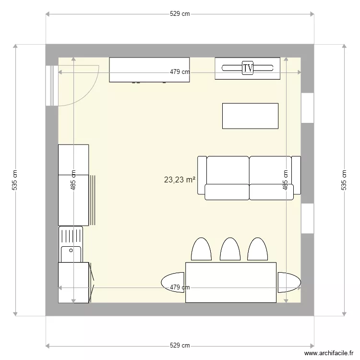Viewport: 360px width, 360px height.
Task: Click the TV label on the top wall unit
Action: point(248,68)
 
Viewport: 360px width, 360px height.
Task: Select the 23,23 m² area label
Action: point(180,180)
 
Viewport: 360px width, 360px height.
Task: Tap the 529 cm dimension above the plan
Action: point(180,14)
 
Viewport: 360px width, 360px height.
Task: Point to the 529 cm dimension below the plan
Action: point(180,346)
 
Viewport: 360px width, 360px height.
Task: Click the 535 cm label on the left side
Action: point(15,180)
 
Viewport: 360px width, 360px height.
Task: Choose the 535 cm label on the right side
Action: point(344,180)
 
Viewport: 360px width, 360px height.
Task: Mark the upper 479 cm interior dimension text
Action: point(180,72)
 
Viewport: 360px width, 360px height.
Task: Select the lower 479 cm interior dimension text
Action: point(180,288)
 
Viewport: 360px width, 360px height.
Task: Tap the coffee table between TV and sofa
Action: point(250,116)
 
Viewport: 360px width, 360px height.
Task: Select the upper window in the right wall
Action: point(307,108)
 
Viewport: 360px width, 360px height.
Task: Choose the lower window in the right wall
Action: point(307,218)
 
